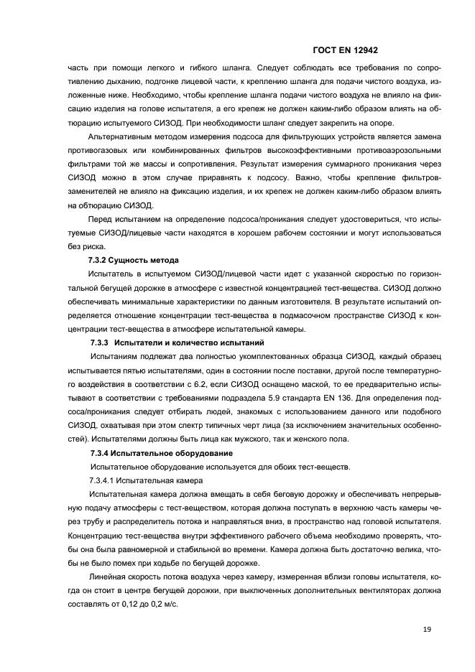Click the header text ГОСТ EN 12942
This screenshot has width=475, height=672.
pos(346,51)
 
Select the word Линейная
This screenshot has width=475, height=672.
pos(105,578)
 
